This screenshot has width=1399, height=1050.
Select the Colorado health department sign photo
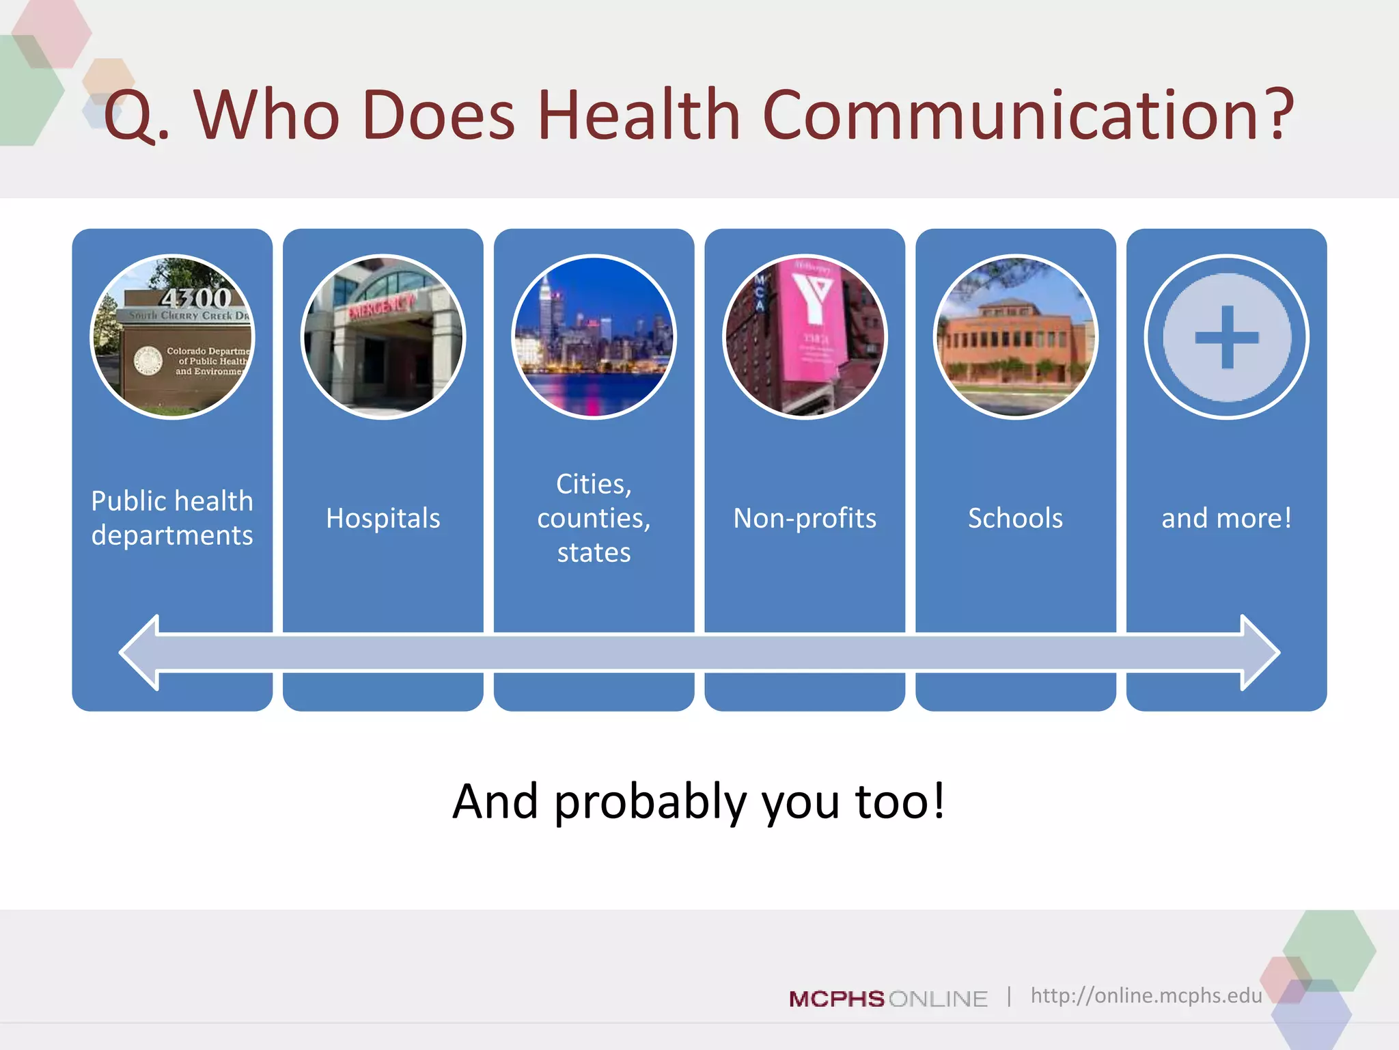click(x=172, y=337)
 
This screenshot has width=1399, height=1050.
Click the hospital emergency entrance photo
click(x=383, y=337)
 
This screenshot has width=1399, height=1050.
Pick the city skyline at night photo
click(x=594, y=337)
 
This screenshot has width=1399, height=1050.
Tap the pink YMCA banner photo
click(x=805, y=337)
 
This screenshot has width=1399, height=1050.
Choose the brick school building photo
click(x=1016, y=337)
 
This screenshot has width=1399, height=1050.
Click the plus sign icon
click(x=1227, y=337)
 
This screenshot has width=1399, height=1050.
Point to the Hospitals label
click(x=383, y=518)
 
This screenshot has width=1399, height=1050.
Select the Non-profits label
click(x=805, y=518)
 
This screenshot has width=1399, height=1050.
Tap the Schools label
click(x=1016, y=518)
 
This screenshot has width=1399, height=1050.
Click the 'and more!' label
click(x=1227, y=518)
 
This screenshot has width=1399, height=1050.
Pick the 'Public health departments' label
click(x=172, y=518)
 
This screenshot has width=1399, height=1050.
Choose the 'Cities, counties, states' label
click(x=594, y=518)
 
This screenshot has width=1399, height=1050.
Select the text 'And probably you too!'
click(x=699, y=801)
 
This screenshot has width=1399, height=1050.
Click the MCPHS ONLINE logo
click(x=888, y=999)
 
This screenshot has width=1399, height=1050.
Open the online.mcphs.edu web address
click(x=1146, y=995)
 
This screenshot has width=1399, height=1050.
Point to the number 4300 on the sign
click(x=196, y=298)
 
